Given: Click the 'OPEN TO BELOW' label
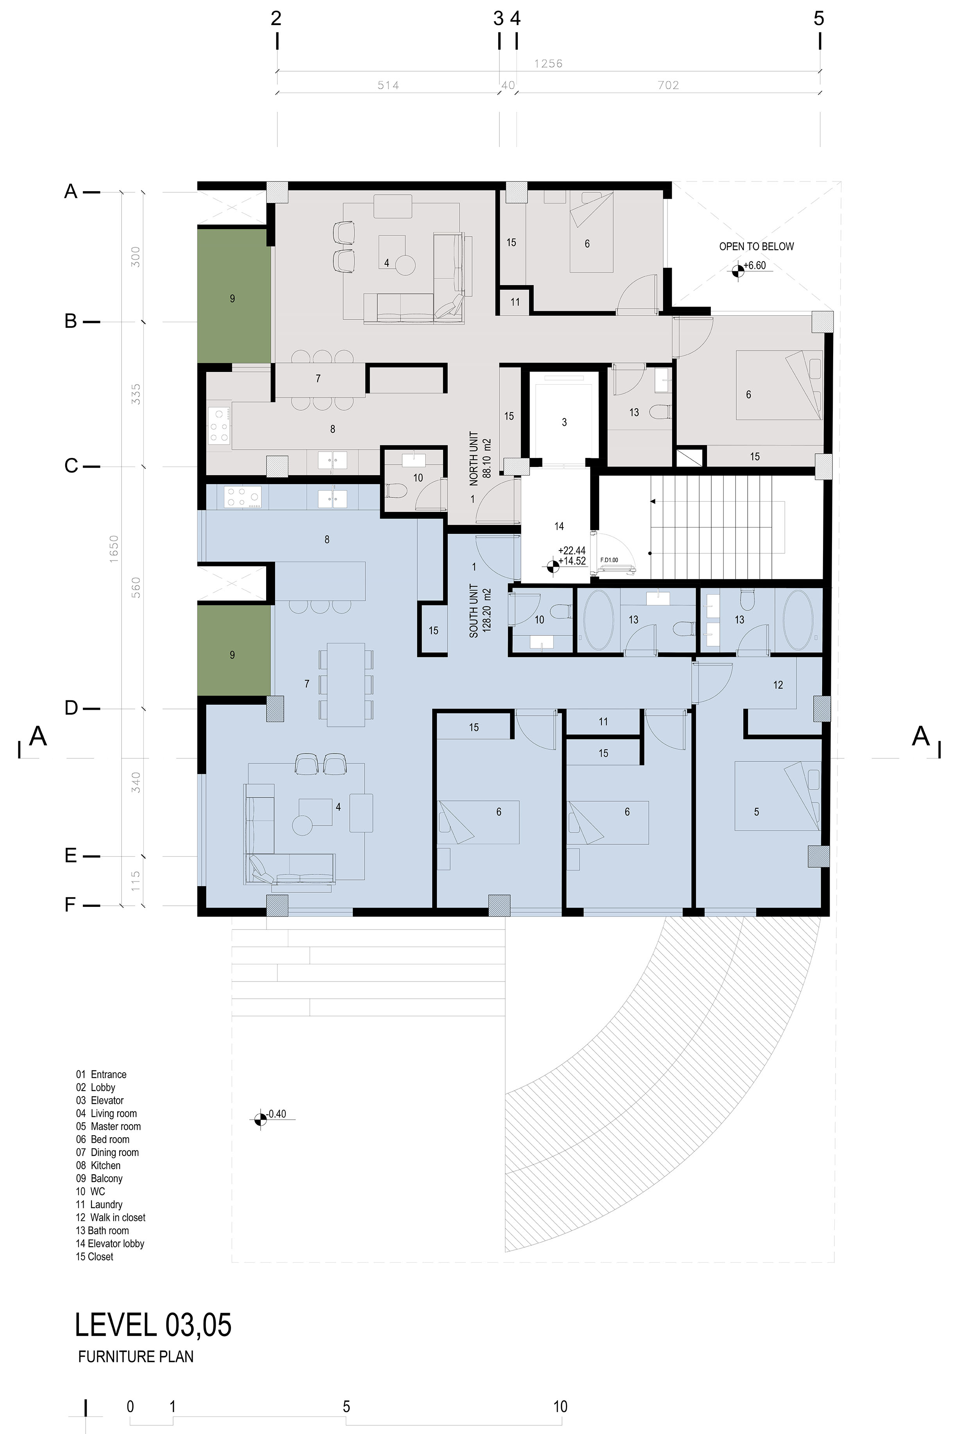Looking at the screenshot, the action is point(756,246).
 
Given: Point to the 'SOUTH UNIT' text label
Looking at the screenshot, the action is point(474,611).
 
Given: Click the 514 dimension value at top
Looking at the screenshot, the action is point(388,85).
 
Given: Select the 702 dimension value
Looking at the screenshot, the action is point(668,85).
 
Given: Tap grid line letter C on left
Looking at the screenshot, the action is point(71,466).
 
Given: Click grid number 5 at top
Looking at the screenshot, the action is point(818,18).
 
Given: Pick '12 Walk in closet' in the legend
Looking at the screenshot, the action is point(111,1217).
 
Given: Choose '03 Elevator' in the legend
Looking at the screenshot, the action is point(100,1100).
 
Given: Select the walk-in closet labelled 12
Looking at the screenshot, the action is point(778,685).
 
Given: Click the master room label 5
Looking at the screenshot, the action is point(756,812).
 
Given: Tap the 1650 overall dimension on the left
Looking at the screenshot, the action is point(113,548).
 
